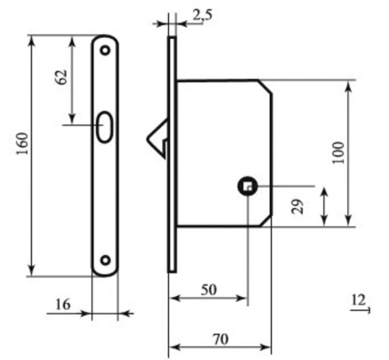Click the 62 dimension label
pyautogui.click(x=61, y=77)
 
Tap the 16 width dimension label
pyautogui.click(x=63, y=305)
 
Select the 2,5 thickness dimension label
pyautogui.click(x=203, y=15)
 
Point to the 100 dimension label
pyautogui.click(x=339, y=153)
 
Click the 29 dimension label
pyautogui.click(x=297, y=206)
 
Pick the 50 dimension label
pyautogui.click(x=209, y=290)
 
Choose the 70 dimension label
pyautogui.click(x=221, y=339)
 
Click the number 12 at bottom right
pyautogui.click(x=359, y=300)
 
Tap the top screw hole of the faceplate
pyautogui.click(x=105, y=50)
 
